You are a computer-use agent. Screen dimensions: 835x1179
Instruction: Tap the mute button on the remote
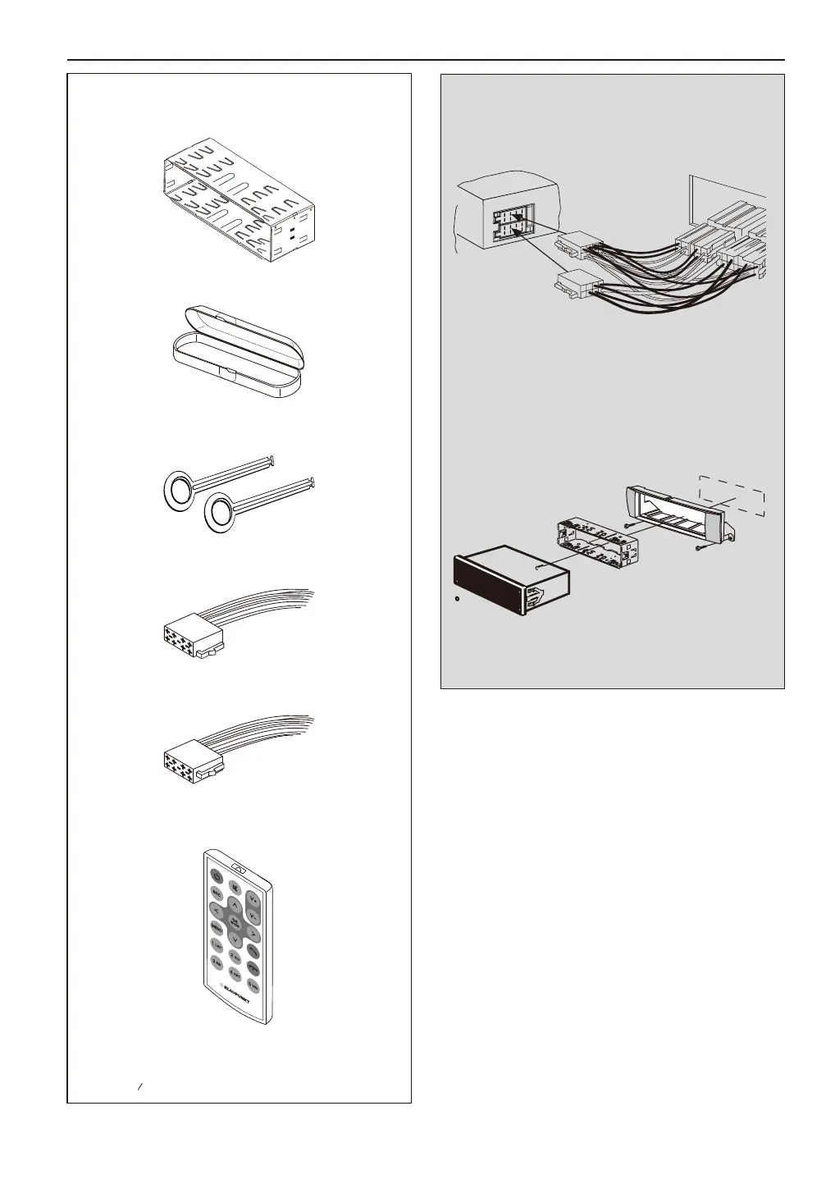(x=235, y=887)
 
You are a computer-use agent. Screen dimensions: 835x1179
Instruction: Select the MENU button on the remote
(x=217, y=928)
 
